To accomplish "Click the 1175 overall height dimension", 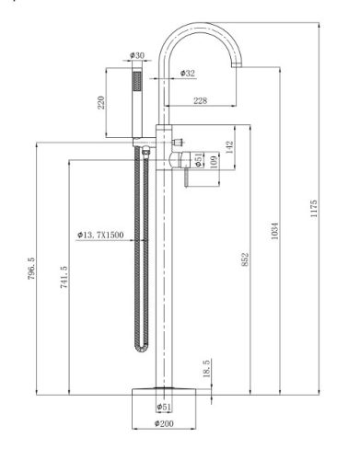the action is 314,209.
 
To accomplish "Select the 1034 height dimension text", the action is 275,231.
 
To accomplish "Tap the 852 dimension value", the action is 245,259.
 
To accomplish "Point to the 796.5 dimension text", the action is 31,269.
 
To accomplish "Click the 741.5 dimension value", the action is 64,277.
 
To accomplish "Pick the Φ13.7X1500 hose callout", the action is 100,235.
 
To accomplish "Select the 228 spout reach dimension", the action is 200,100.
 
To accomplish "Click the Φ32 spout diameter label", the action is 187,74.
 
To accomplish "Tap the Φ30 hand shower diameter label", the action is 137,55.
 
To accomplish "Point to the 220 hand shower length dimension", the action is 101,102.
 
